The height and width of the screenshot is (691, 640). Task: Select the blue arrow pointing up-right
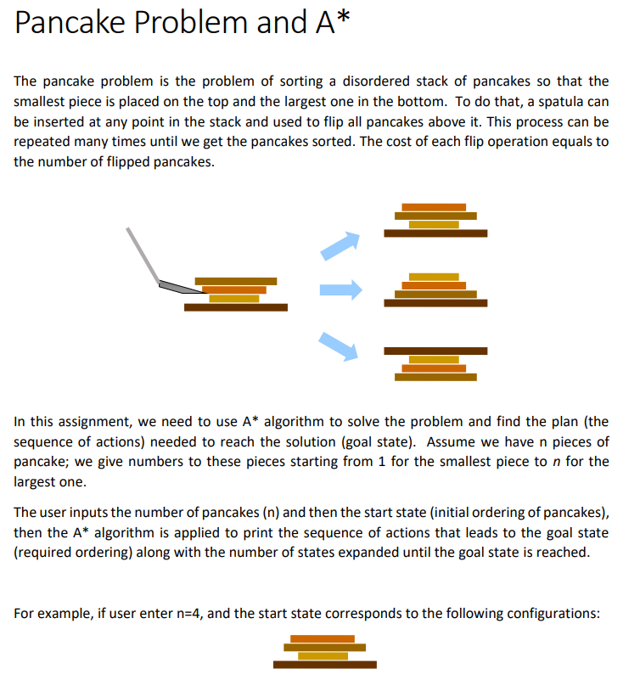pyautogui.click(x=340, y=244)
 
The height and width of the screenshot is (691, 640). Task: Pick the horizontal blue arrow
pyautogui.click(x=340, y=290)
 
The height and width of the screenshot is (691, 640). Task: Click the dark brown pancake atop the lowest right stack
pyautogui.click(x=435, y=351)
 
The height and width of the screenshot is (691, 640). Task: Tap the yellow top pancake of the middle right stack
pyautogui.click(x=434, y=277)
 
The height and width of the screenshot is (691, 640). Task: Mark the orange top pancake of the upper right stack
pyautogui.click(x=434, y=206)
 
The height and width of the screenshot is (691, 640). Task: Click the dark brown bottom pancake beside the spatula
pyautogui.click(x=235, y=307)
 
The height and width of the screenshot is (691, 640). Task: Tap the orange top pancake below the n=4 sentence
pyautogui.click(x=323, y=638)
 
